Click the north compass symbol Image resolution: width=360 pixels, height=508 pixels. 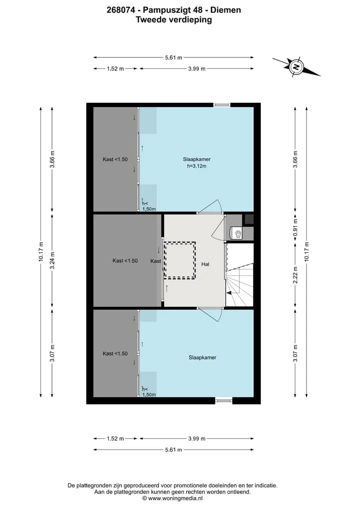296,67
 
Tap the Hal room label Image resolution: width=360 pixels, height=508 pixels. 205,264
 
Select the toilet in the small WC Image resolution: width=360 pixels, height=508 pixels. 237,233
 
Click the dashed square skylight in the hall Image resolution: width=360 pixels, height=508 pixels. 179,260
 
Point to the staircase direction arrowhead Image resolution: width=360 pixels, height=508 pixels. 229,293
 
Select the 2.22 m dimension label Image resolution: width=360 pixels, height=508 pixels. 295,275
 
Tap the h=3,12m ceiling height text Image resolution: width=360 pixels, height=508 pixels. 197,166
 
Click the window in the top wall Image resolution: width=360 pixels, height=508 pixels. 221,105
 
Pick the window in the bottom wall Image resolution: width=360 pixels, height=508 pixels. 224,401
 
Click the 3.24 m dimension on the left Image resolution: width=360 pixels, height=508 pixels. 52,260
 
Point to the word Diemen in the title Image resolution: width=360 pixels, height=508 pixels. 225,10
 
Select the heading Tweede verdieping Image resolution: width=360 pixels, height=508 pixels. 174,20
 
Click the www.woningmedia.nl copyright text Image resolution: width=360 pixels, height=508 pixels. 172,499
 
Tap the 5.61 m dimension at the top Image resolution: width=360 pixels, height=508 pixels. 173,57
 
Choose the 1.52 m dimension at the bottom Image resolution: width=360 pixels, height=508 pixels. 115,439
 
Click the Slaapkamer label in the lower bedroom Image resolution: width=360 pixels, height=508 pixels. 202,358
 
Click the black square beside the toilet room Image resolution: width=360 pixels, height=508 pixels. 249,219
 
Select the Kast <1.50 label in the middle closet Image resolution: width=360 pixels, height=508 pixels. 125,261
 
